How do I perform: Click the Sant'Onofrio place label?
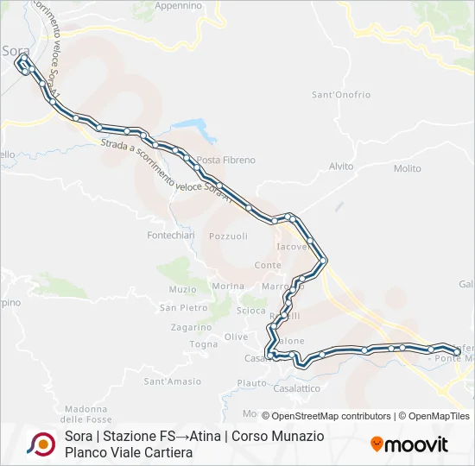[341, 94]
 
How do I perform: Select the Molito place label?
[407, 168]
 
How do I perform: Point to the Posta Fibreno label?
[226, 160]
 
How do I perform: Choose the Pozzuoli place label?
[228, 236]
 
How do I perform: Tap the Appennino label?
[179, 5]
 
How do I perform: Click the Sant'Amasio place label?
[172, 381]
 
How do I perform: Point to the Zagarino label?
[191, 327]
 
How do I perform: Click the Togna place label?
[204, 343]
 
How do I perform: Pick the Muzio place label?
[183, 289]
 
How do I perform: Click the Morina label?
[227, 286]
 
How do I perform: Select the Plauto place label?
[252, 382]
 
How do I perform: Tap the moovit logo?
[409, 444]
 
